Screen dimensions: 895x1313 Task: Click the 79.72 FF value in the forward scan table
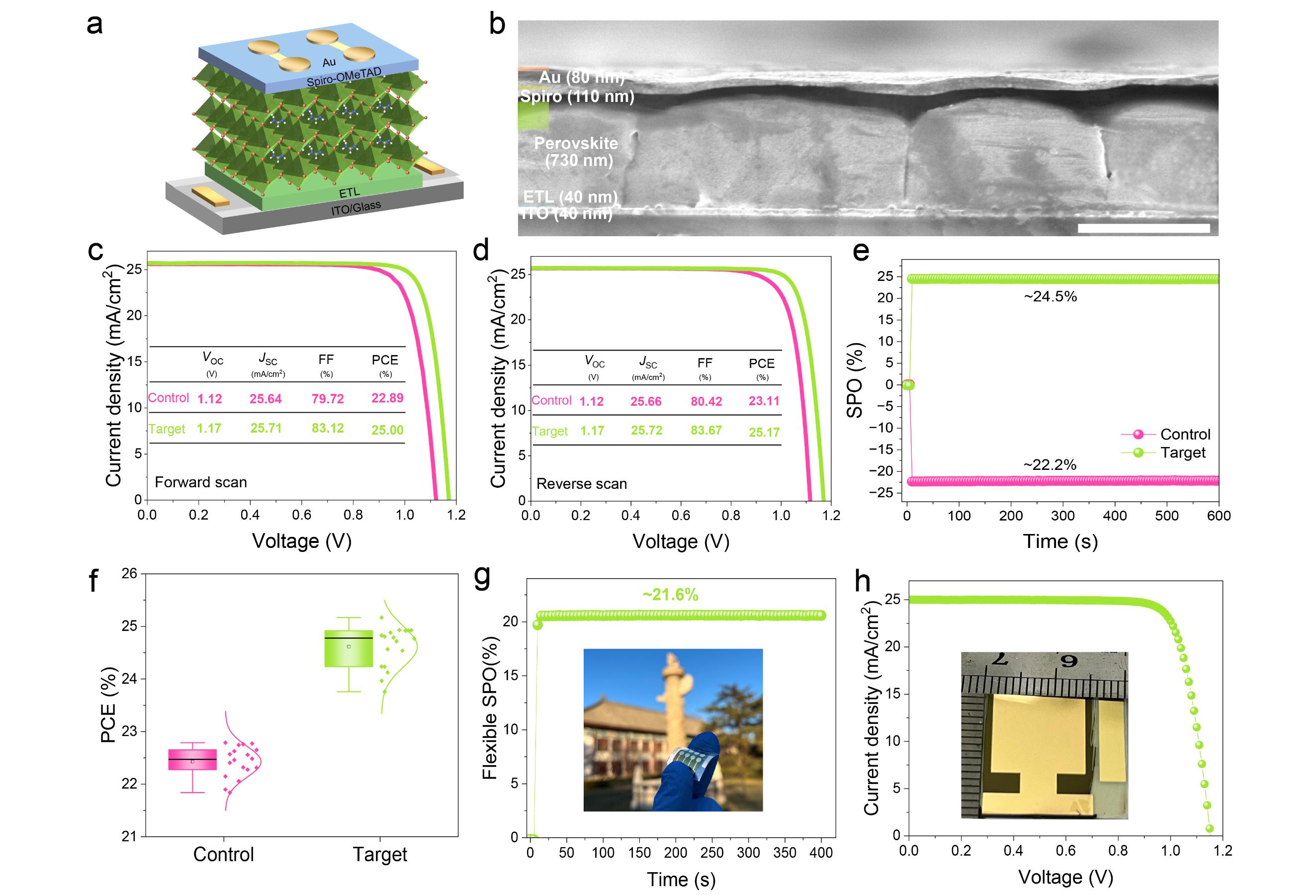(328, 399)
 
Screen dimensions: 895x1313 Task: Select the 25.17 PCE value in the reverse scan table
(764, 433)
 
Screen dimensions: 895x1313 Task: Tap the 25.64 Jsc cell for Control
(265, 399)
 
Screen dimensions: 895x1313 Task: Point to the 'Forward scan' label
(200, 482)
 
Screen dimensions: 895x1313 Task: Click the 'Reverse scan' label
(581, 484)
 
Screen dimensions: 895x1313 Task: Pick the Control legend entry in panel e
(1185, 435)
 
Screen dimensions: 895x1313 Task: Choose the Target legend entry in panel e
(1182, 452)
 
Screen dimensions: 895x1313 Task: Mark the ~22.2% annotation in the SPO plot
(1050, 465)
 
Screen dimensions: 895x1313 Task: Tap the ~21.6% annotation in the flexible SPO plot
(671, 595)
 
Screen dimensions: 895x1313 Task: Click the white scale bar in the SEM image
(1143, 228)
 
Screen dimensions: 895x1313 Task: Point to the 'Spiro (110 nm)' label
(577, 96)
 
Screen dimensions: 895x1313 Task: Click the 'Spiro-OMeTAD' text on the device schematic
(344, 78)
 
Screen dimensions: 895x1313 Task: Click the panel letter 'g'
(482, 578)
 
